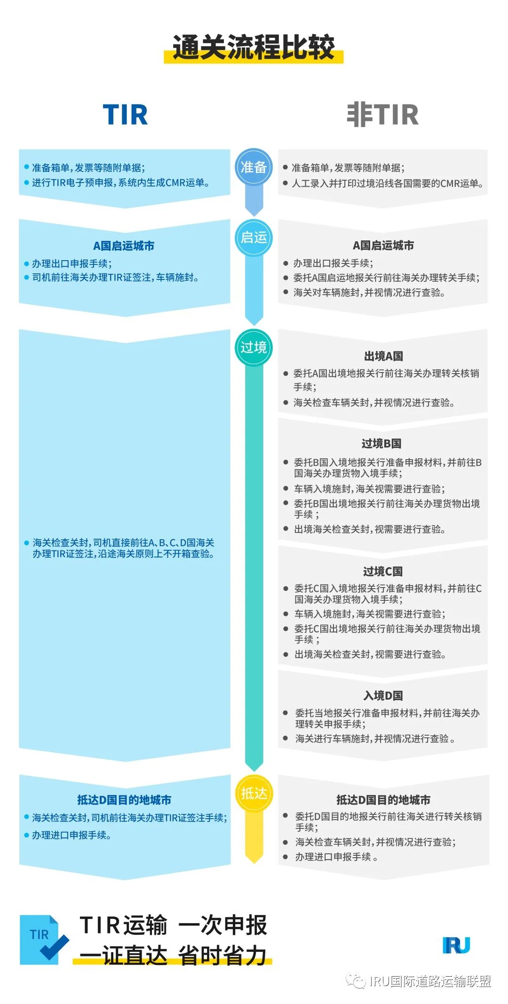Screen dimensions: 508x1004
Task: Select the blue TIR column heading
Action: click(x=125, y=114)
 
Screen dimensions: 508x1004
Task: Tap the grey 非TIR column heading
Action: click(x=382, y=114)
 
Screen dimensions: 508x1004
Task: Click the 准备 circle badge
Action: click(x=254, y=167)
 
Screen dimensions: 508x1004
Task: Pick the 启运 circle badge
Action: click(x=254, y=238)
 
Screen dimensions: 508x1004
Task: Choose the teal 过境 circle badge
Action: click(x=254, y=348)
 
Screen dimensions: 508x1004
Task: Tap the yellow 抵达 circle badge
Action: click(x=254, y=793)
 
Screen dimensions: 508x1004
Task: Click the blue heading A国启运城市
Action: click(x=124, y=246)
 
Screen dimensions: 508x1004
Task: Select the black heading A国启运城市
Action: click(x=383, y=245)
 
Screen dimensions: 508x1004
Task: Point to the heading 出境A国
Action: click(x=383, y=356)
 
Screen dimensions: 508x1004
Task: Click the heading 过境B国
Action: click(x=381, y=443)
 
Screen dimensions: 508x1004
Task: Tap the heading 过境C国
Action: click(x=383, y=571)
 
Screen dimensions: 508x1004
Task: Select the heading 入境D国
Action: click(x=383, y=695)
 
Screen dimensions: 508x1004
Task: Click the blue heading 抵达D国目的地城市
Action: click(x=124, y=800)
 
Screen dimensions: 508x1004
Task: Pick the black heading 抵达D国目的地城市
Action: click(x=383, y=800)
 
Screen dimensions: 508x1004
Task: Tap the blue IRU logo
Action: click(x=456, y=945)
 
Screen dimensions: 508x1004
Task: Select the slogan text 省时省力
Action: click(x=222, y=955)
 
